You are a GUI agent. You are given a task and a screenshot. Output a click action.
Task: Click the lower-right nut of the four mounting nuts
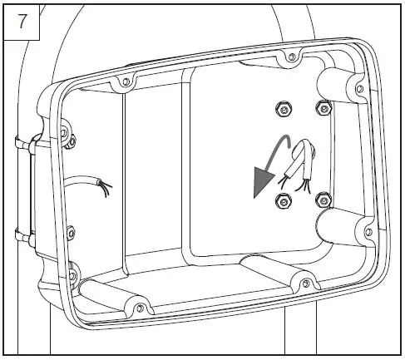click(324, 198)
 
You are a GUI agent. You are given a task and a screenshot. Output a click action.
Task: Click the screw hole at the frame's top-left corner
click(124, 81)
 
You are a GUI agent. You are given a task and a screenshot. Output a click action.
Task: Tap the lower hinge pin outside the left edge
click(22, 238)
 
